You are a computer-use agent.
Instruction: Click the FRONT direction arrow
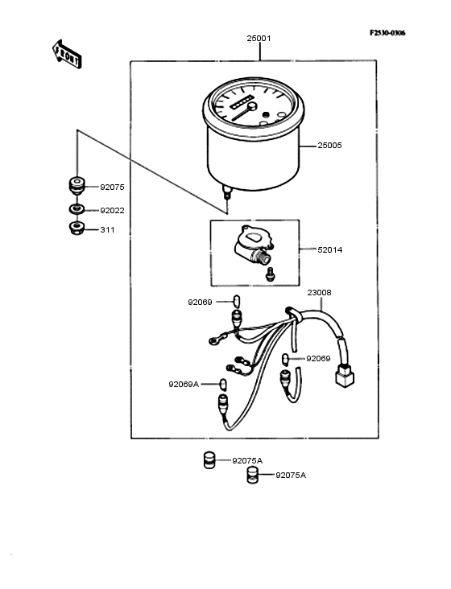pos(67,54)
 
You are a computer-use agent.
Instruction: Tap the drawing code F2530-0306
pos(387,33)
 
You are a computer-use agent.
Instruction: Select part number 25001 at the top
pos(259,39)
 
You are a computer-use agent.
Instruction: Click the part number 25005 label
pos(329,146)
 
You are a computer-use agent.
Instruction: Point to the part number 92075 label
pos(112,187)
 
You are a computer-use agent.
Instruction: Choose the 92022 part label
pos(112,210)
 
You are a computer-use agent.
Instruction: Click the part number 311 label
pos(107,229)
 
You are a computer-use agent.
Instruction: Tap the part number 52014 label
pos(330,249)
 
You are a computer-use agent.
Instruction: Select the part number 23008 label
pos(319,292)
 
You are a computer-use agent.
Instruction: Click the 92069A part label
pos(184,385)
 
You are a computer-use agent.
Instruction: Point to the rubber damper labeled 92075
pos(77,186)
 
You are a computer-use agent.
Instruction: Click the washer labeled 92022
pos(77,209)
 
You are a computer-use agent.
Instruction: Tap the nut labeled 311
pos(77,228)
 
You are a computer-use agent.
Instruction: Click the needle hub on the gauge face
pos(252,106)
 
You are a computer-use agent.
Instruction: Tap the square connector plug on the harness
pos(345,376)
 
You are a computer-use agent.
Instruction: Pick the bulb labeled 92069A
pos(223,384)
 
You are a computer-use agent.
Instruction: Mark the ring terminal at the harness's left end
pos(213,340)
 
